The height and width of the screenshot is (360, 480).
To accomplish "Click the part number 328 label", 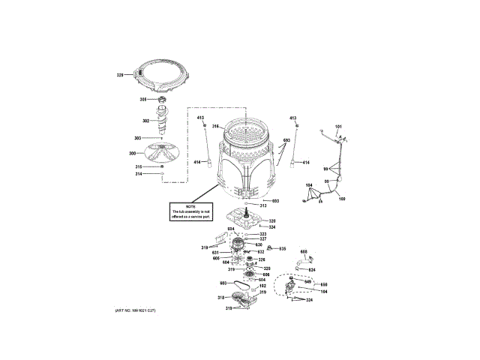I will [120, 75].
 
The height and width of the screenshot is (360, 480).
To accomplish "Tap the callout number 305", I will [142, 99].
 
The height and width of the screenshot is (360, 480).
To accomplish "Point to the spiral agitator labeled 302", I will [163, 120].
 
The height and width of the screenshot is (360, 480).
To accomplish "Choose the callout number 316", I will [214, 126].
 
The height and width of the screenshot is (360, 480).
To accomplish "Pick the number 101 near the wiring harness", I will [337, 126].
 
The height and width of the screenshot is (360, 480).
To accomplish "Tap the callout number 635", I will [283, 248].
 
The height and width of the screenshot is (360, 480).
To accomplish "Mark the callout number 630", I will [257, 244].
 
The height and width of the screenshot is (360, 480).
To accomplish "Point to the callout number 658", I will [304, 251].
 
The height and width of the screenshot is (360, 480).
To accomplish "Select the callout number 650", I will [325, 285].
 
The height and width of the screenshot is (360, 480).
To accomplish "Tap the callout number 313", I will [263, 205].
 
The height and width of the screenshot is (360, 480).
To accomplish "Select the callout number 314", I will [139, 174].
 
